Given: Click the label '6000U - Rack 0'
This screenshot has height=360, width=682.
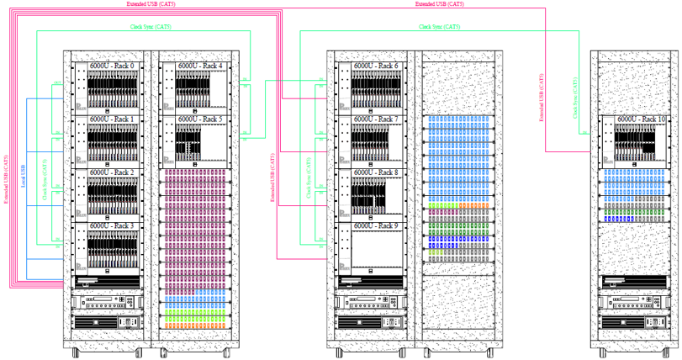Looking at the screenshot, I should point(112,66).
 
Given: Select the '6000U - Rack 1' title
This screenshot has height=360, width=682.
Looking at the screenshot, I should point(112,120).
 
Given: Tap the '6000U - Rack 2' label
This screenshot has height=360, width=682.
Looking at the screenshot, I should point(112,172).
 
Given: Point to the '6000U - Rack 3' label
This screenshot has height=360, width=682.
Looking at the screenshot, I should point(112,225).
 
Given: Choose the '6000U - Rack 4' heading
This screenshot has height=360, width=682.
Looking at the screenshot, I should point(199,66).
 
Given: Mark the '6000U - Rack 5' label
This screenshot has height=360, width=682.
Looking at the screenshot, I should point(199,120).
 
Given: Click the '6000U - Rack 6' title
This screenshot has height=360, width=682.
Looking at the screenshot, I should point(375,66).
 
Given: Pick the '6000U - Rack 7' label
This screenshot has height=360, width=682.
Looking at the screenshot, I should point(375,120).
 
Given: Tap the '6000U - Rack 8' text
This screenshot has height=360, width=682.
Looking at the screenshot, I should point(375,172).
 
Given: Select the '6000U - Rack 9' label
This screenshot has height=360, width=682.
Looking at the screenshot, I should point(375,225).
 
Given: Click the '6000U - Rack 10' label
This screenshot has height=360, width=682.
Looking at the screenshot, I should point(640,119).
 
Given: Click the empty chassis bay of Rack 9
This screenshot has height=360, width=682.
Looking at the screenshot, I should point(375,250).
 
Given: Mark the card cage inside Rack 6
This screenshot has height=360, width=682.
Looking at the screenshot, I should point(375,88).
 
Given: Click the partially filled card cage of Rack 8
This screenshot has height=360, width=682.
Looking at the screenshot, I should point(375,196).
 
